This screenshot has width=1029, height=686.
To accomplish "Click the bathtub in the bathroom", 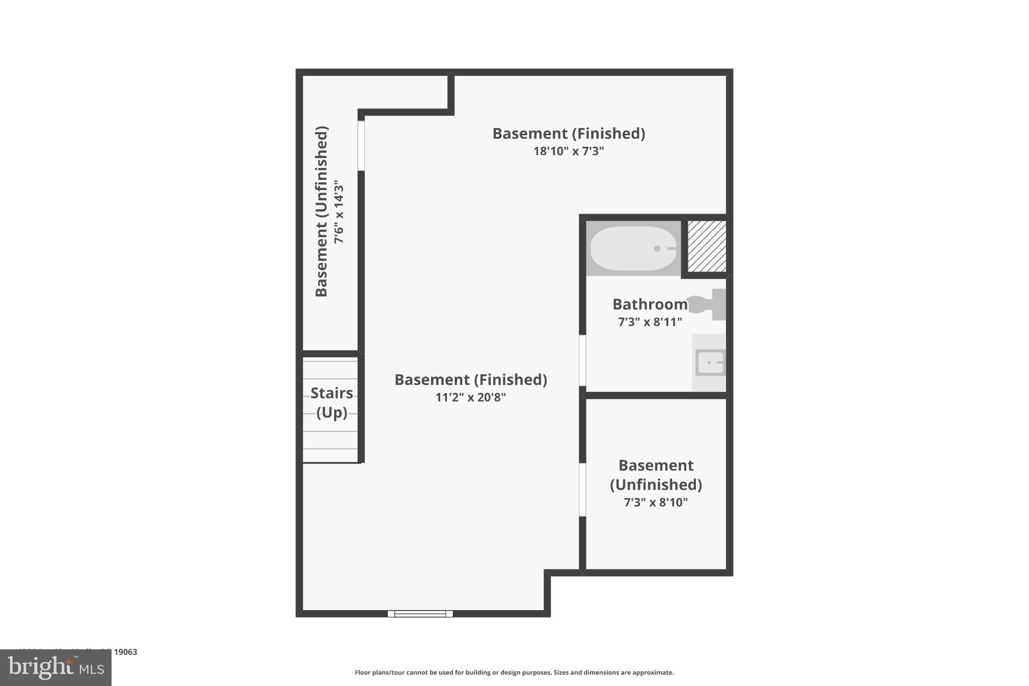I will coord(633,248).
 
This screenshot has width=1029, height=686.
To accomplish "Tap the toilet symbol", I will coord(707,304).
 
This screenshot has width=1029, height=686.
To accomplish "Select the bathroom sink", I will coord(710,362).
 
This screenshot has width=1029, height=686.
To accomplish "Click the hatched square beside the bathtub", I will coord(706,246).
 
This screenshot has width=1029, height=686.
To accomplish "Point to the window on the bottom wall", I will coord(420,614).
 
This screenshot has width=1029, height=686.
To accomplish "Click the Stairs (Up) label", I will coord(332,403).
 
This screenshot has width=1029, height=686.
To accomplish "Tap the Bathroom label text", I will coord(650,304).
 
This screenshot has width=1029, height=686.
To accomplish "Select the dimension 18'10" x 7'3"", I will coord(568,151).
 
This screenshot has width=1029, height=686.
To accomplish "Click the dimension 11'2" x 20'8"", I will coord(470,397).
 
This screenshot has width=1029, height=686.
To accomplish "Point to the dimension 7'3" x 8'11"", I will coord(650,322).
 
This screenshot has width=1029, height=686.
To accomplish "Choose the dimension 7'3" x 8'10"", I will coord(656,502).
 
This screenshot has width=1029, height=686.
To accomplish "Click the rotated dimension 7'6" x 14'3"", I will coord(340,212).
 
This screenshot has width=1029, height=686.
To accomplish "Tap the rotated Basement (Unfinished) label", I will coord(322,212).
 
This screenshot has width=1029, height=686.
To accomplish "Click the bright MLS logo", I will coord(56,667).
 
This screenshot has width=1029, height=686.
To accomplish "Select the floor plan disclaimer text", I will coord(514,672).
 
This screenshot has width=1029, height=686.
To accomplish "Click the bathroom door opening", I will coord(582,360).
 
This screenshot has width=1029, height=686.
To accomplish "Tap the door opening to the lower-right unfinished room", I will coord(582,489).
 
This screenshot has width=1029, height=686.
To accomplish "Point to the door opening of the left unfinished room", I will coord(361,146).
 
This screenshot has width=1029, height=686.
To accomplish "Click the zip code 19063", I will coord(125,652).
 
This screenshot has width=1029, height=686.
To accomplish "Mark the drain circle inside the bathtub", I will coord(657,248).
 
